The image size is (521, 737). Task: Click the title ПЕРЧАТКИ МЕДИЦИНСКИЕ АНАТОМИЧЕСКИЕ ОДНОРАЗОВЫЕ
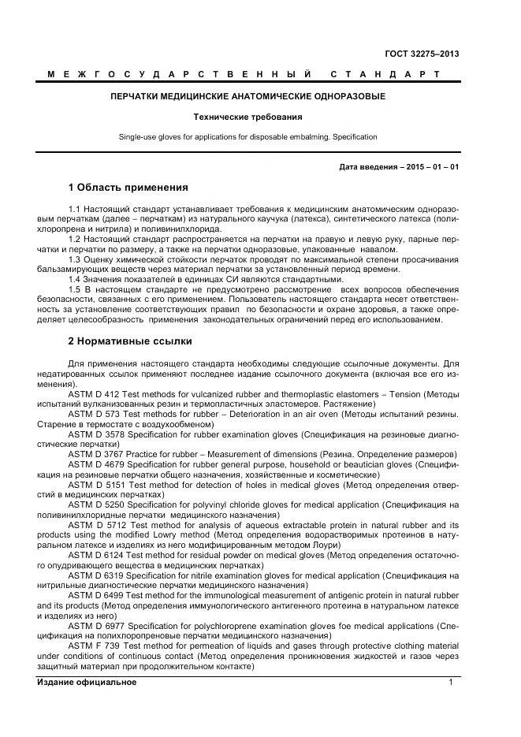coord(247,96)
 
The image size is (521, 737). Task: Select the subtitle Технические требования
coord(247,117)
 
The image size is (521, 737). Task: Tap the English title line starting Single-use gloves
coord(247,137)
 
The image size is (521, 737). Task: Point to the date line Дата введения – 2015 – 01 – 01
coord(399,167)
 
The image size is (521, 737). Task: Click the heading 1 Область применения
coord(128,188)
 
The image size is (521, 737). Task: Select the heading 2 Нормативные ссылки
coord(130,341)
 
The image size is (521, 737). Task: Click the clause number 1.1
coord(76,209)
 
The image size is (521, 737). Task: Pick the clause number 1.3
coord(76,259)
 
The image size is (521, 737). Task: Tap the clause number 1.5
coord(76,290)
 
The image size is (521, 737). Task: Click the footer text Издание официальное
coord(87,683)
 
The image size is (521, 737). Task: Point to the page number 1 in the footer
coord(450,683)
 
